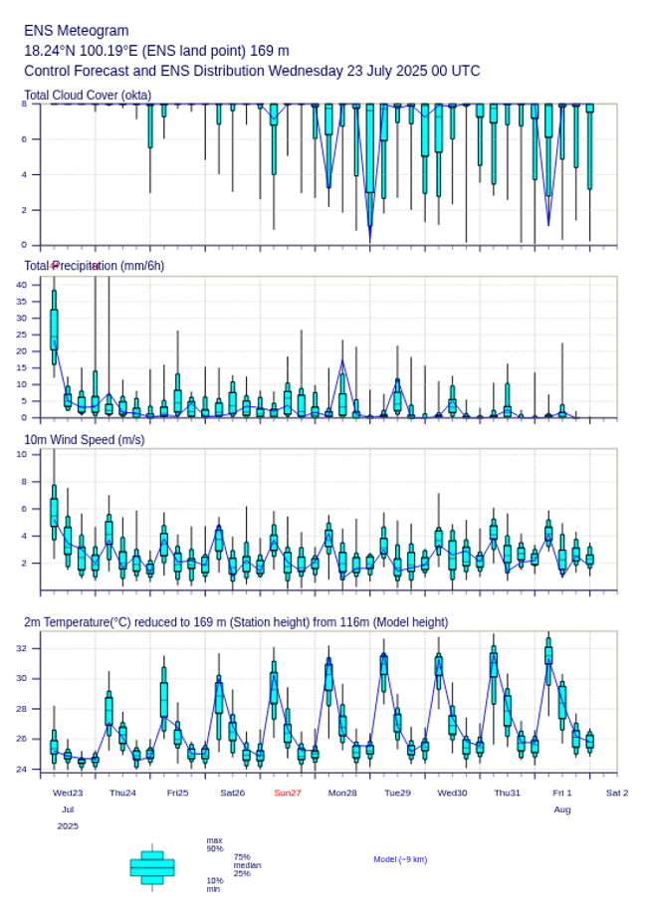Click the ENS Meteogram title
coord(77,31)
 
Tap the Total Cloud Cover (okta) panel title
coord(88,96)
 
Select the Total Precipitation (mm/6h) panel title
coord(95,266)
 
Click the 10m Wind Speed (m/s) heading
coord(85,439)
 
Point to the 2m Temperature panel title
coord(236,622)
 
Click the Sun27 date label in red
coord(288,793)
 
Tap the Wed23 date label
coord(68,793)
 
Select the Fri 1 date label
coord(562,793)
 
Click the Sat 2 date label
coord(617,793)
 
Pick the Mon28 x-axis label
coord(342,793)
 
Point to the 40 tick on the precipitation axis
coord(23,285)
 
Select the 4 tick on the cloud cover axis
coord(23,174)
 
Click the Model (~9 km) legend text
coord(400,859)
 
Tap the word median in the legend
coord(248,865)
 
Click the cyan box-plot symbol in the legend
coord(152,867)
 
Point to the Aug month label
coord(562,809)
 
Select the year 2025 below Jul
coord(68,826)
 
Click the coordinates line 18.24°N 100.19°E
coord(156,51)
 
